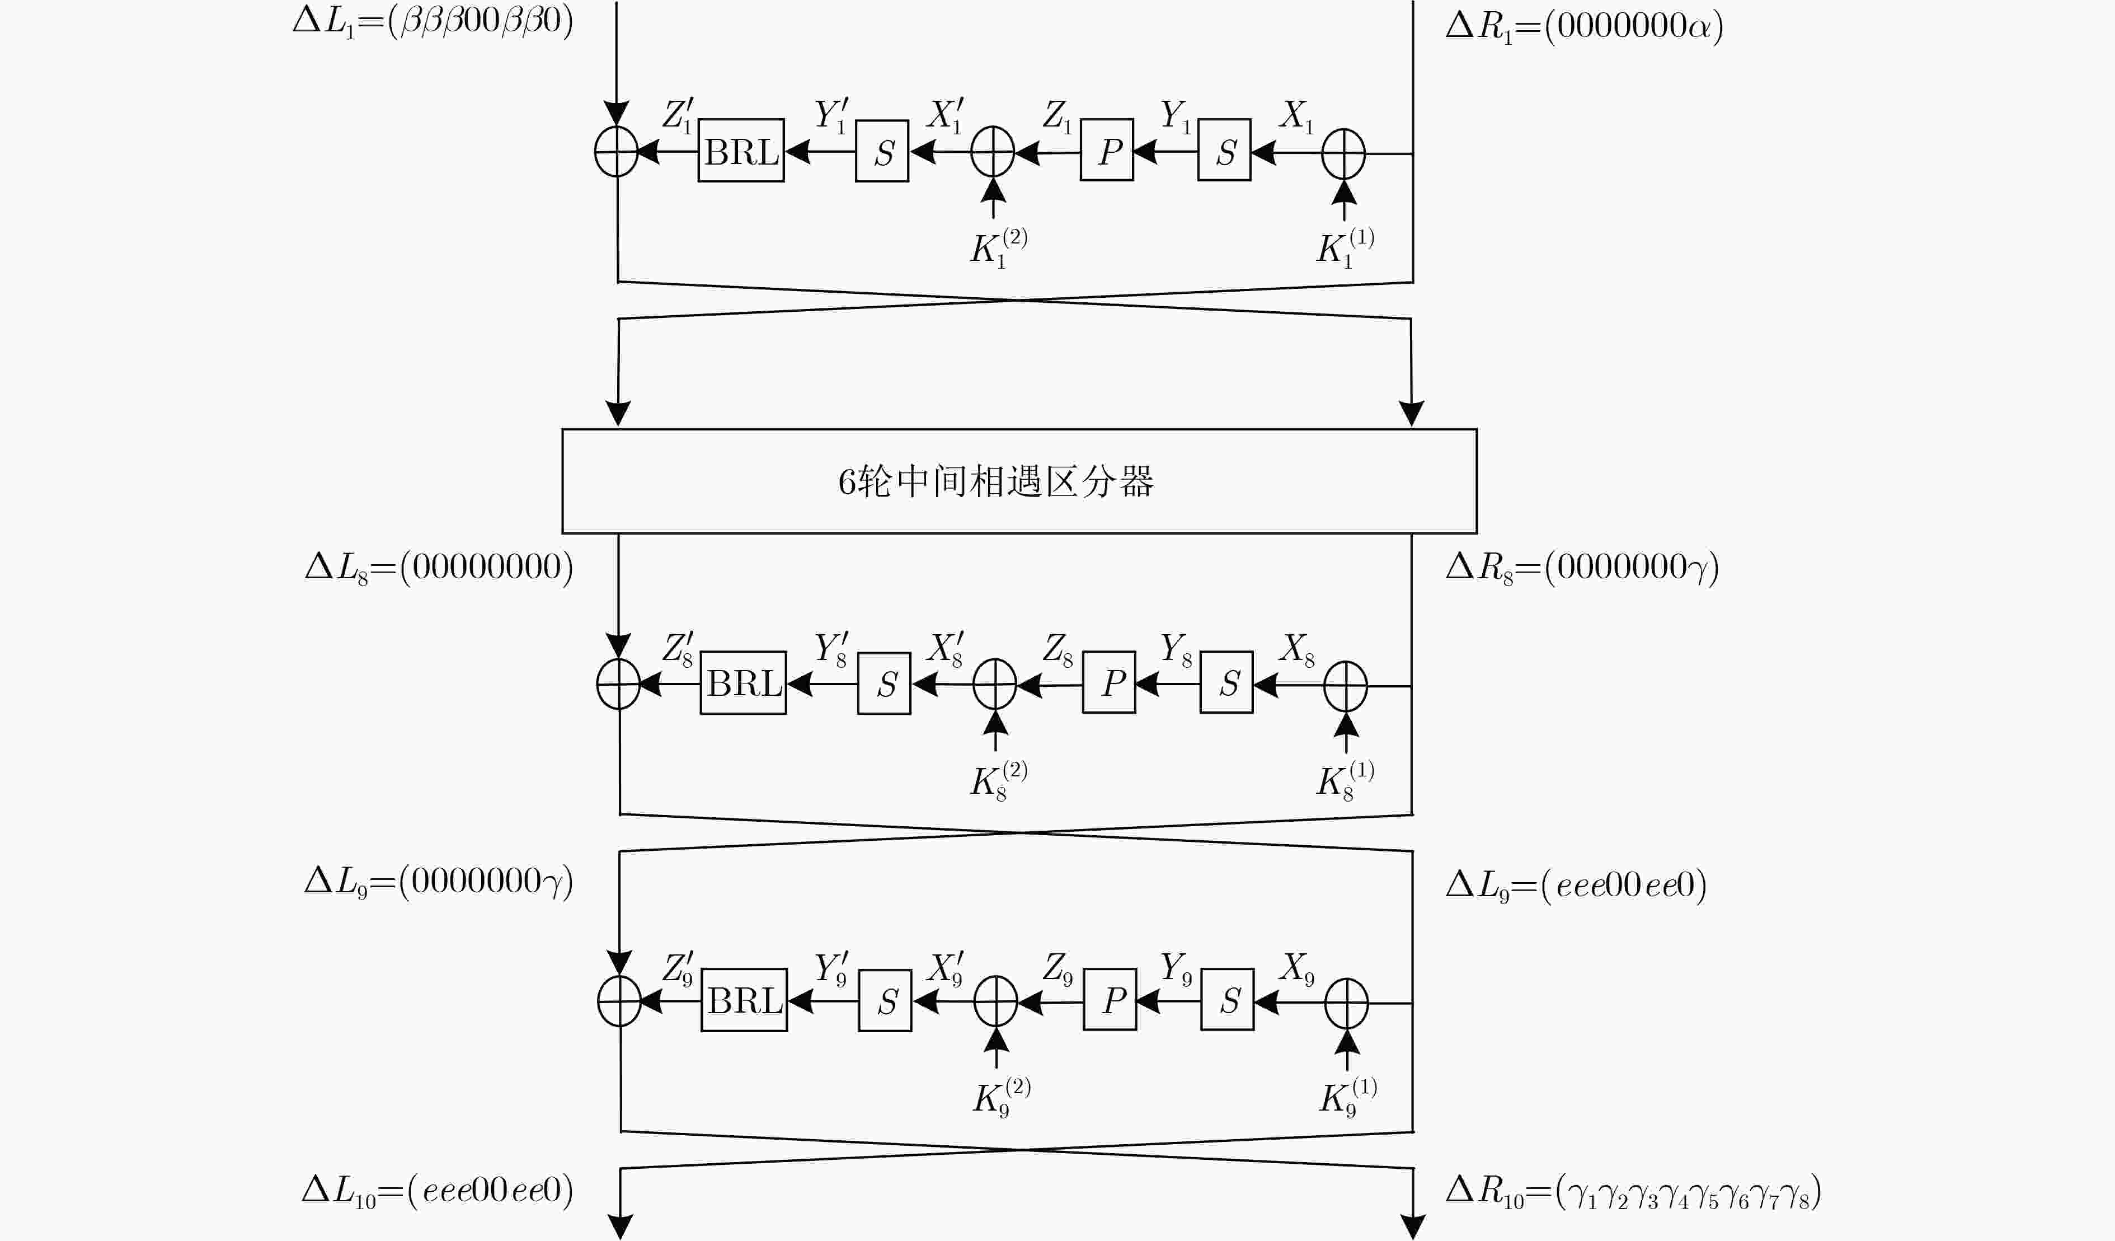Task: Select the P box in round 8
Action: pos(1109,683)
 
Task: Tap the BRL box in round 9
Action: pos(744,1000)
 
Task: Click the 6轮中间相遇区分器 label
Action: pos(996,482)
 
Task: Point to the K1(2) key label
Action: pos(999,247)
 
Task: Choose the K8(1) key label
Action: pos(1345,780)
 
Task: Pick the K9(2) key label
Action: pos(1002,1097)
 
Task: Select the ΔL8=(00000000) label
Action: pos(439,568)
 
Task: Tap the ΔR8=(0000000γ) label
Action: pos(1582,568)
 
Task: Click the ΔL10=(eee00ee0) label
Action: pos(438,1191)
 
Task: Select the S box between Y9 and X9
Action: pos(1227,1000)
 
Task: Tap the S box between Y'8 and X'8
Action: pos(884,683)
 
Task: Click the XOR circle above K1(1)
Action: pos(1344,153)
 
